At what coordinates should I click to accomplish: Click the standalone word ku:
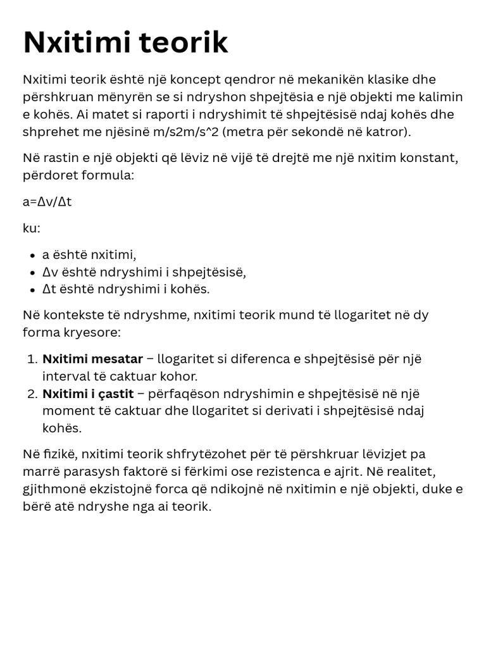(x=32, y=228)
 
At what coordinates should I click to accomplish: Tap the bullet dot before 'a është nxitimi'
(x=32, y=256)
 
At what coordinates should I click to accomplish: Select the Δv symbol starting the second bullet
(x=49, y=273)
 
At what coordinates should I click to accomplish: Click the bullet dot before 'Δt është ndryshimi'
(x=32, y=290)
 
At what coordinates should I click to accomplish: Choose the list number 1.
(x=33, y=359)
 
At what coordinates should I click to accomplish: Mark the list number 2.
(x=33, y=394)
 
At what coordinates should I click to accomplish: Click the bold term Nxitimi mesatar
(x=92, y=359)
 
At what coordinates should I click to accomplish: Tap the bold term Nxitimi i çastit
(x=88, y=394)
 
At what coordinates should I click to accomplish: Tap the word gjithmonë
(x=52, y=489)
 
